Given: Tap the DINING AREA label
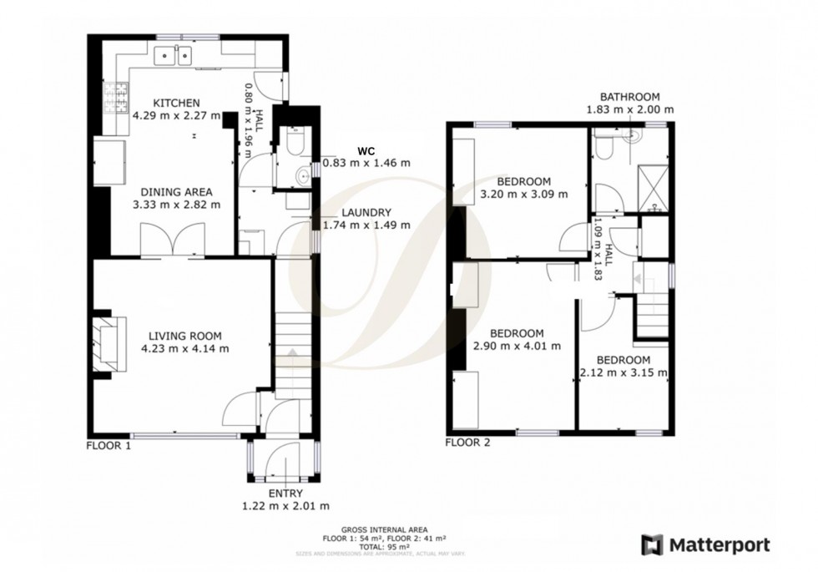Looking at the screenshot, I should click(x=177, y=190).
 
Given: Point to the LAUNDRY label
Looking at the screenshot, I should click(x=366, y=213).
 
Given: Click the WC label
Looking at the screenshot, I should click(x=366, y=150).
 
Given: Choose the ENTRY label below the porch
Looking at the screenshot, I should click(x=285, y=494).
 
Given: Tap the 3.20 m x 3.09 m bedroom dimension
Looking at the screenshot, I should click(x=524, y=195).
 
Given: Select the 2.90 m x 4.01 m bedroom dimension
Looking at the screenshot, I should click(x=517, y=346).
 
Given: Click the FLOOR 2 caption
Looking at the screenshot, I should click(x=467, y=443).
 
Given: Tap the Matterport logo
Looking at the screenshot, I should click(x=705, y=544).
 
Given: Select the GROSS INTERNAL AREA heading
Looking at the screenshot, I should click(x=384, y=529).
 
